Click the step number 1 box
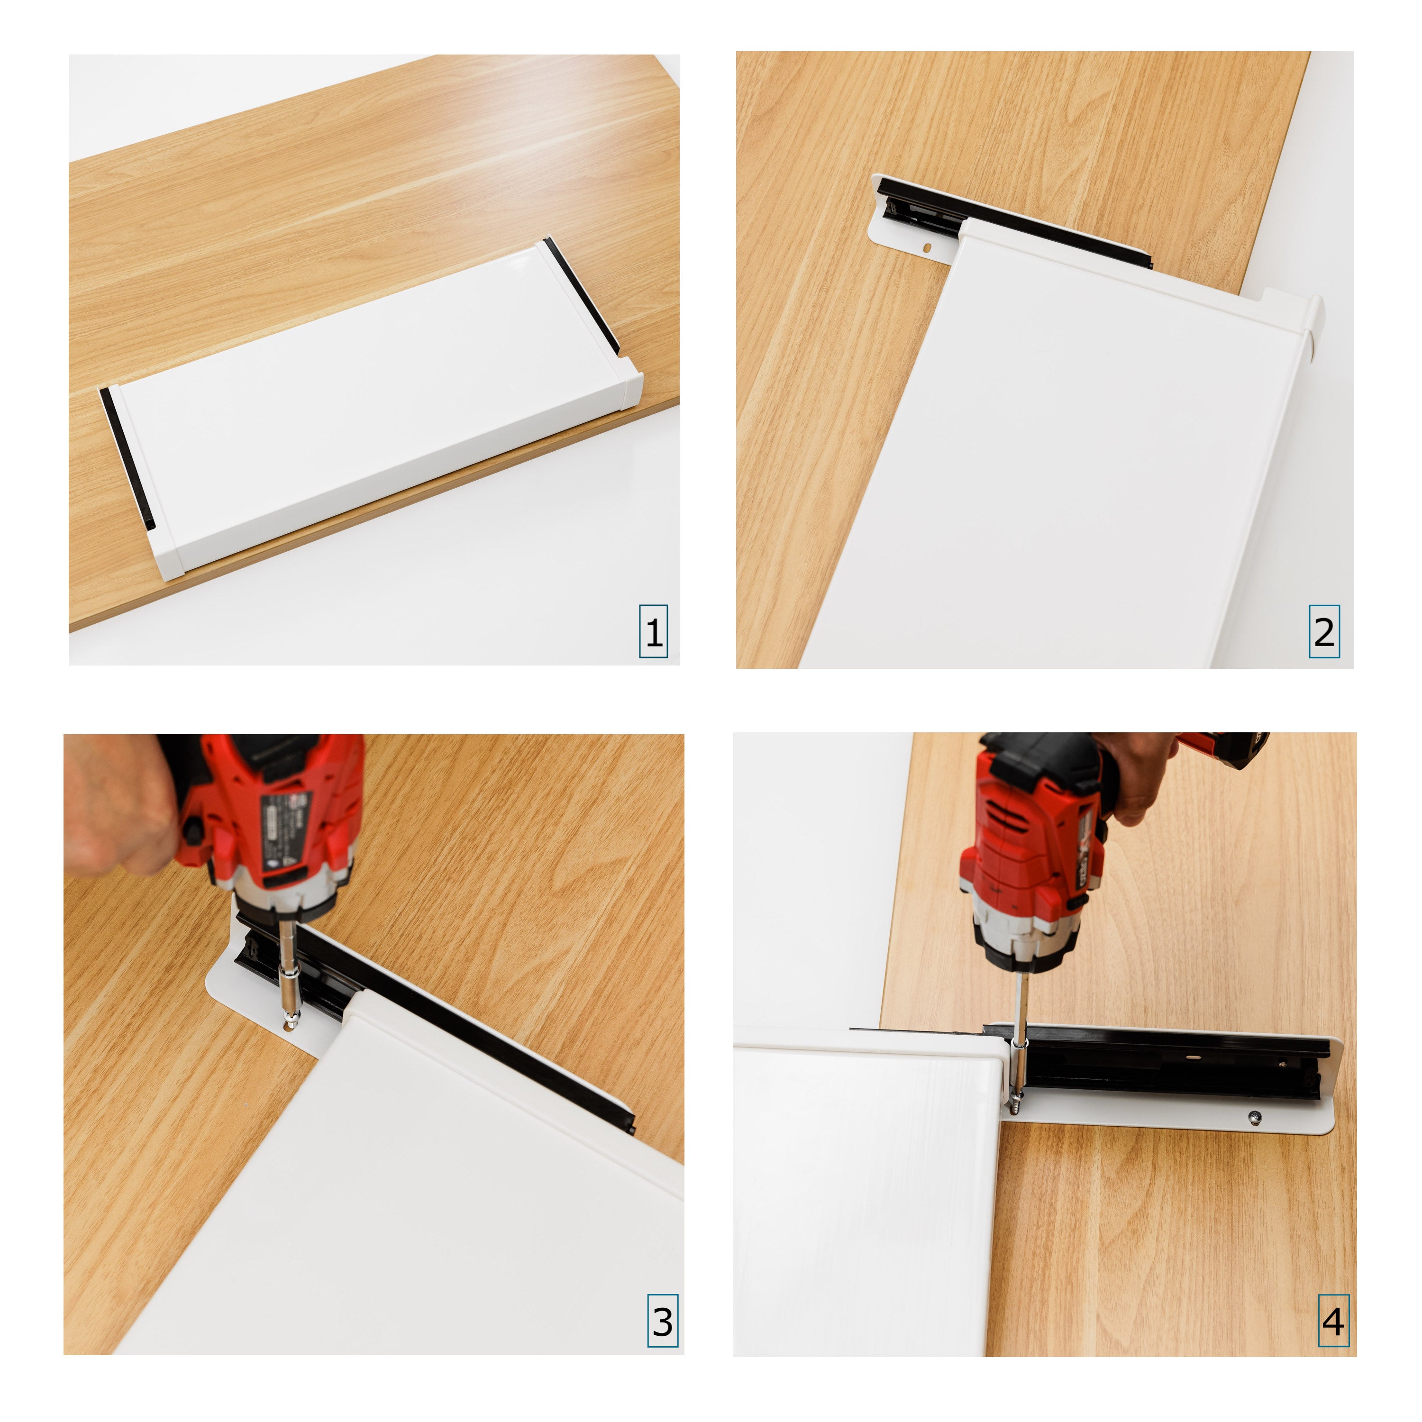tap(653, 631)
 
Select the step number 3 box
tap(663, 1321)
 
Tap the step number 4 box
tap(1333, 1321)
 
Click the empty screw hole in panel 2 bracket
tap(928, 248)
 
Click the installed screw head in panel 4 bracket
tap(1253, 1117)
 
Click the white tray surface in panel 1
tap(368, 412)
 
